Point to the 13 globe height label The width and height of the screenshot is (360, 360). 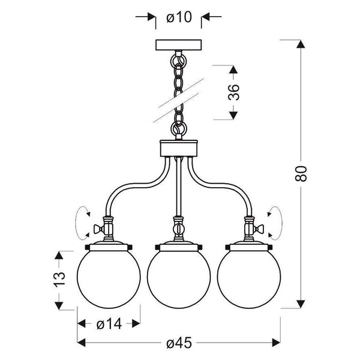pos(58,280)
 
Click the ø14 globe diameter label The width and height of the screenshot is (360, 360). pos(109,324)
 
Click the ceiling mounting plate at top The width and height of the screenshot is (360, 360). pos(178,46)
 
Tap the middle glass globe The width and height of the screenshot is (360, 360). pos(178,279)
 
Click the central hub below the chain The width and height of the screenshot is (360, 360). pos(178,148)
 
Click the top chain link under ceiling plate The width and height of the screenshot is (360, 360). pos(178,61)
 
